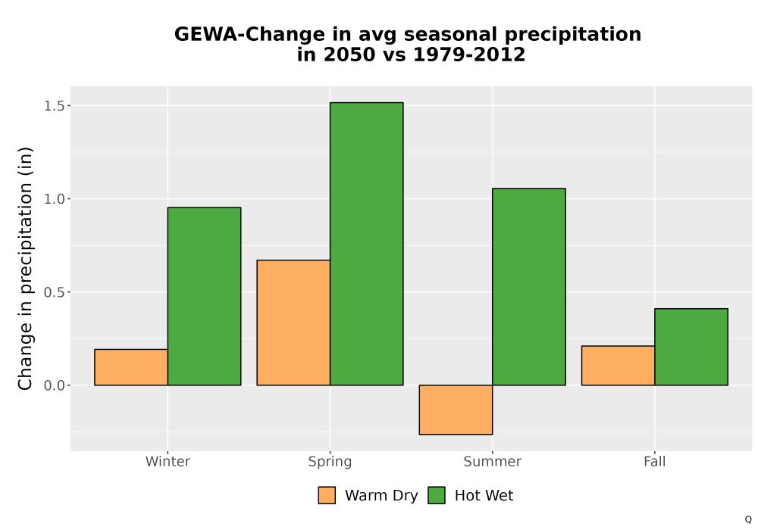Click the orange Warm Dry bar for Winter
pos(131,367)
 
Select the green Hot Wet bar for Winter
pos(204,296)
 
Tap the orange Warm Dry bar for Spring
pos(293,323)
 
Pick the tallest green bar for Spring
pos(366,244)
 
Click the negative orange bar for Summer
pos(456,410)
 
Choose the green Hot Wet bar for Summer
pos(529,287)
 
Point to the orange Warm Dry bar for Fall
pos(619,366)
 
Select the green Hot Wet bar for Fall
pos(691,347)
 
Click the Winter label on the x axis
pos(168,461)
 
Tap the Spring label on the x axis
pos(330,462)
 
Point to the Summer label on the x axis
pos(493,461)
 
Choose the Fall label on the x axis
pos(655,461)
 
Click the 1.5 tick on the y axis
pos(54,106)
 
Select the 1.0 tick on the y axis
pos(54,199)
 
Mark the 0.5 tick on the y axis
pos(54,292)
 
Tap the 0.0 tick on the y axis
pos(54,385)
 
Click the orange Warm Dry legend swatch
pos(327,495)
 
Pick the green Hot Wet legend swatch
pos(437,495)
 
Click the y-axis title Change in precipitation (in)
pos(25,268)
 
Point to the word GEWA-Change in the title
pos(249,35)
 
